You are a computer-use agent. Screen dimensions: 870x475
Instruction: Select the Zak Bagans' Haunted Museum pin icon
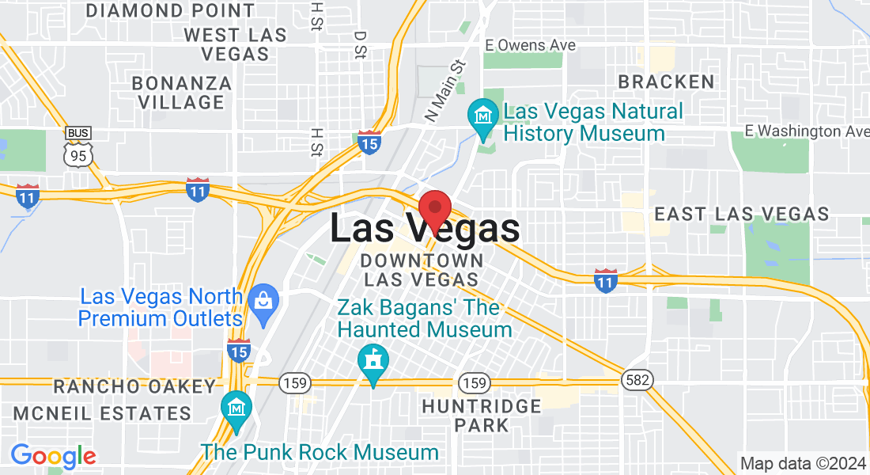pyautogui.click(x=371, y=361)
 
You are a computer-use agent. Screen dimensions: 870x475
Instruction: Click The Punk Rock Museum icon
pyautogui.click(x=236, y=407)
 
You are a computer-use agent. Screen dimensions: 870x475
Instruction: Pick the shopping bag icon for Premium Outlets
pyautogui.click(x=262, y=300)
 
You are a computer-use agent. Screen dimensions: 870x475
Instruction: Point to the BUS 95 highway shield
pyautogui.click(x=78, y=147)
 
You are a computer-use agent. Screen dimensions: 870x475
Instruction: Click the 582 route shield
pyautogui.click(x=636, y=381)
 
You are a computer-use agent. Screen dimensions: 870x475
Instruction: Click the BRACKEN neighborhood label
pyautogui.click(x=666, y=82)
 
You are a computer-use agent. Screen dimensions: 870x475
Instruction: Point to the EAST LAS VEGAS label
pyautogui.click(x=742, y=214)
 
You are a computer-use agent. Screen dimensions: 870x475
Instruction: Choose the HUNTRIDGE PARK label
pyautogui.click(x=481, y=416)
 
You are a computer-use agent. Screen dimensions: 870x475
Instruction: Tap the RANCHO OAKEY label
pyautogui.click(x=134, y=386)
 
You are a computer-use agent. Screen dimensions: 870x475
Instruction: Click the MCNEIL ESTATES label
pyautogui.click(x=102, y=413)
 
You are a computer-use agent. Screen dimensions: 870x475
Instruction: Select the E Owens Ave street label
pyautogui.click(x=530, y=45)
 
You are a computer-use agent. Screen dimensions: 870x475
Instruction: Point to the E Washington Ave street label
pyautogui.click(x=808, y=131)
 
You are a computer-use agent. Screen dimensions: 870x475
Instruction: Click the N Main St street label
pyautogui.click(x=446, y=91)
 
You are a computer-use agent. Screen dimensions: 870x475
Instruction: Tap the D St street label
pyautogui.click(x=360, y=45)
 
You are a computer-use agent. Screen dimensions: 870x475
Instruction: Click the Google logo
pyautogui.click(x=53, y=456)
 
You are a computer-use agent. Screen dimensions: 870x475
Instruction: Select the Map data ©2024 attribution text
pyautogui.click(x=802, y=463)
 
